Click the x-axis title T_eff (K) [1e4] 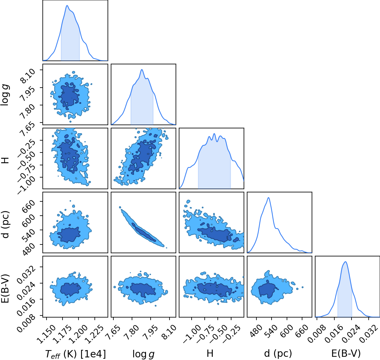coord(76,354)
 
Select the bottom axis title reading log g coord(143,354)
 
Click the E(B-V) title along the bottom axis coord(346,353)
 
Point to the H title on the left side coord(6,160)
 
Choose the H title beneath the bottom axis coord(210,353)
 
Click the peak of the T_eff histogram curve coord(67,5)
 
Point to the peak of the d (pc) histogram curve coord(268,198)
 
